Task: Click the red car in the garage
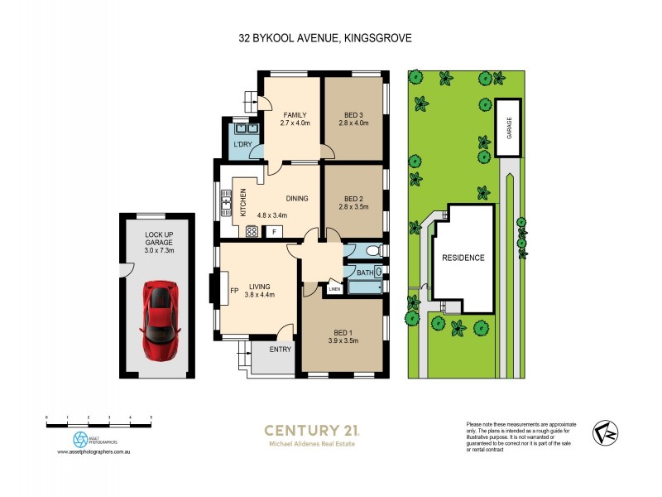coord(161,319)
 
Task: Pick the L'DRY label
coord(242,145)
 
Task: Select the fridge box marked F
coord(274,232)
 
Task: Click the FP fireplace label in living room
coord(233,290)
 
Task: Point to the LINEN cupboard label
coord(334,289)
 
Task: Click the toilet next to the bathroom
coord(372,251)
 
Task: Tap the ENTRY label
coord(281,350)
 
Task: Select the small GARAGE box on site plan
coord(508,128)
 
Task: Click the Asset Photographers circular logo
coord(80,439)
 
